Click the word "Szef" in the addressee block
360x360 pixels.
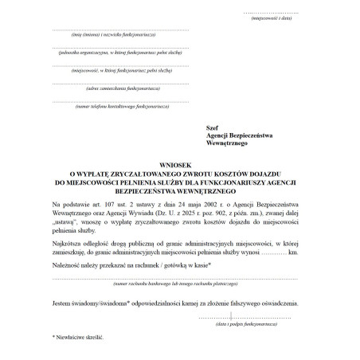(212, 127)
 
